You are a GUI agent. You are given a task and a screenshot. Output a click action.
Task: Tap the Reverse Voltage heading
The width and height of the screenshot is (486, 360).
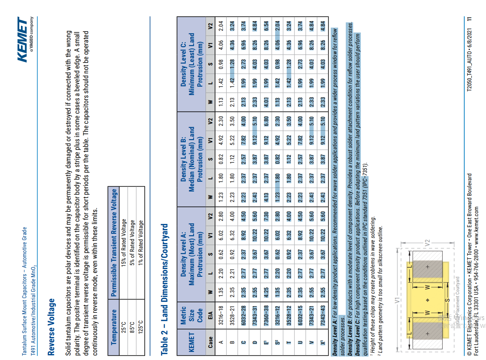point(51,327)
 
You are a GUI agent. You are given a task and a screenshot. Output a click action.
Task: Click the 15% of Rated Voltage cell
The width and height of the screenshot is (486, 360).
point(123,243)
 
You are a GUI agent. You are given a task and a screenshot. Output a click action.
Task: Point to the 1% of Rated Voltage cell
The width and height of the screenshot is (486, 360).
point(140,243)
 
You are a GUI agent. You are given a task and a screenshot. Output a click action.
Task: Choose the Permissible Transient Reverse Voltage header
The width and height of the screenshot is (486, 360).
point(114,243)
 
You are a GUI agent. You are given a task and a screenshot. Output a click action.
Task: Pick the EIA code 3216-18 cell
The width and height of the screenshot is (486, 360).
point(221,315)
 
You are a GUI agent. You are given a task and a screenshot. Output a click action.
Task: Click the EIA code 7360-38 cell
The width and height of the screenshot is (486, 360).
point(266,315)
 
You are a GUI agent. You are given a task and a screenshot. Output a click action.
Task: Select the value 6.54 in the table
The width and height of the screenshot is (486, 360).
point(266,26)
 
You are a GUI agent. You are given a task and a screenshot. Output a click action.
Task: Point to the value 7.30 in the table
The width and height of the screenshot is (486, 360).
point(266,216)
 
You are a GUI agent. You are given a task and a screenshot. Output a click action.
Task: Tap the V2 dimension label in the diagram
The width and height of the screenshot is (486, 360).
point(427,243)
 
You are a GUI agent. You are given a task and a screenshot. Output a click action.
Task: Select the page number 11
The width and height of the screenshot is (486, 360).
point(469,19)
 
